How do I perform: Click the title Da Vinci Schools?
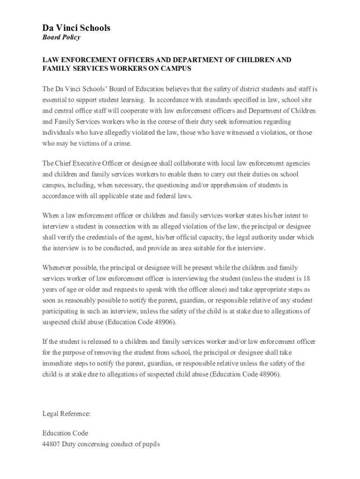point(76,28)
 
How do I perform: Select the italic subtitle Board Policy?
point(61,38)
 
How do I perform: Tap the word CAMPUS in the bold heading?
point(179,69)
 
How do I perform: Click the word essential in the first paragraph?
point(55,100)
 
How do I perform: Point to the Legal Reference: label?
point(66,414)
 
